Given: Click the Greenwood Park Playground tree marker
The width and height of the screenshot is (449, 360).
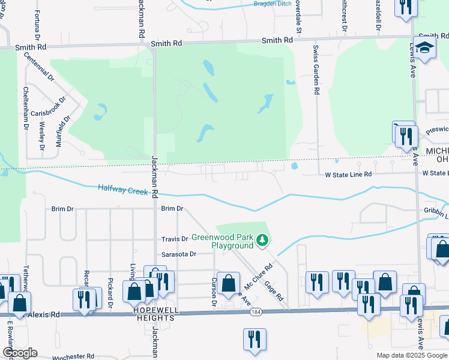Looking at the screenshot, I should pyautogui.click(x=262, y=241).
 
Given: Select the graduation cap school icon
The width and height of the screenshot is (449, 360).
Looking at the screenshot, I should pyautogui.click(x=424, y=50).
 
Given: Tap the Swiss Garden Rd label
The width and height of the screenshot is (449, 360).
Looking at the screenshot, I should pyautogui.click(x=316, y=68).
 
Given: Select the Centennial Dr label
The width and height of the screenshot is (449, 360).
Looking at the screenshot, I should pyautogui.click(x=40, y=68).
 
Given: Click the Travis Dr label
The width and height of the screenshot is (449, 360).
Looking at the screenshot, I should pyautogui.click(x=175, y=239).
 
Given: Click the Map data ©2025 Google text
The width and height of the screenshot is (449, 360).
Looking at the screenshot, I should pyautogui.click(x=412, y=355).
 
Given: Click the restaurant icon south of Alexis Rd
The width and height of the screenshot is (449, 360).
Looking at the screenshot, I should pyautogui.click(x=255, y=340).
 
